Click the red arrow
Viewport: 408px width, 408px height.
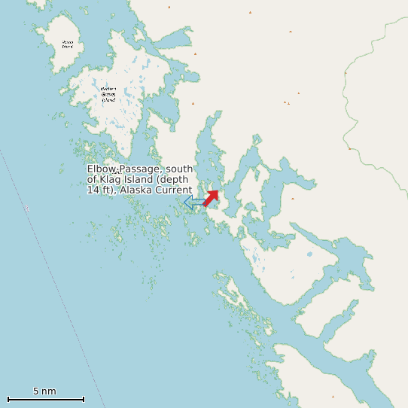pos(212,197)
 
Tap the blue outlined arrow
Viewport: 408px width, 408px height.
pos(193,202)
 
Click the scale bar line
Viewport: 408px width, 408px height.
pos(45,399)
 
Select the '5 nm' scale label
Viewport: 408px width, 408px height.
pos(44,391)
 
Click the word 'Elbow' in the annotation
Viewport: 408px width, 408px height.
pos(100,169)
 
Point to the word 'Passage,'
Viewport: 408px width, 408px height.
pos(139,169)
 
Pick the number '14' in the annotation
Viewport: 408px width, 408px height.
pos(93,190)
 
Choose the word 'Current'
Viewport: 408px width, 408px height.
pos(173,190)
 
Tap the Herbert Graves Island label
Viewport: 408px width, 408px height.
pos(108,93)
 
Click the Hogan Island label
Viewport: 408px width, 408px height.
pos(68,44)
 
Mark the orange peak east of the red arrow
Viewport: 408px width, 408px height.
pos(293,199)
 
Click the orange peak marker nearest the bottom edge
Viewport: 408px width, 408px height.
pos(333,397)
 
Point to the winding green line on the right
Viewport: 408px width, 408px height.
pos(354,113)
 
